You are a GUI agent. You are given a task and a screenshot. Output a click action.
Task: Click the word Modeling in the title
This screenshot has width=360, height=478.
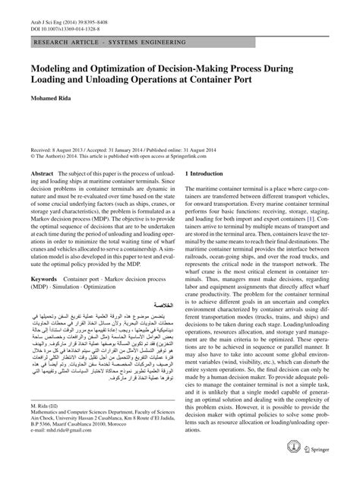[52, 66]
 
